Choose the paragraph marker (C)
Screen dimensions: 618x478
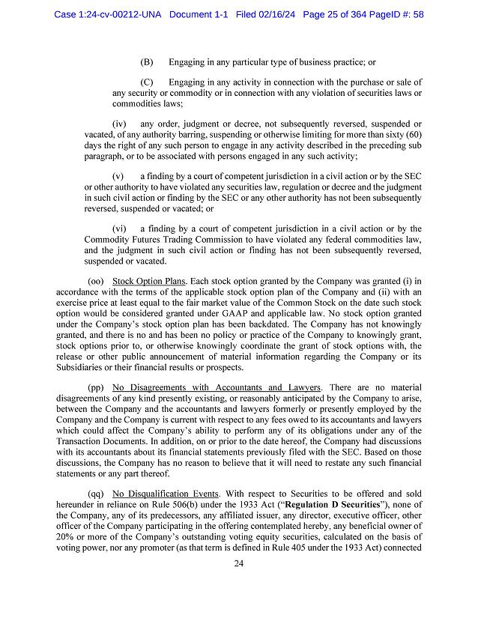click(x=147, y=82)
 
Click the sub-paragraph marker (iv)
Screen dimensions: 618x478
click(x=119, y=124)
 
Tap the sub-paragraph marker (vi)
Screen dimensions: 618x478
click(x=119, y=228)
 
